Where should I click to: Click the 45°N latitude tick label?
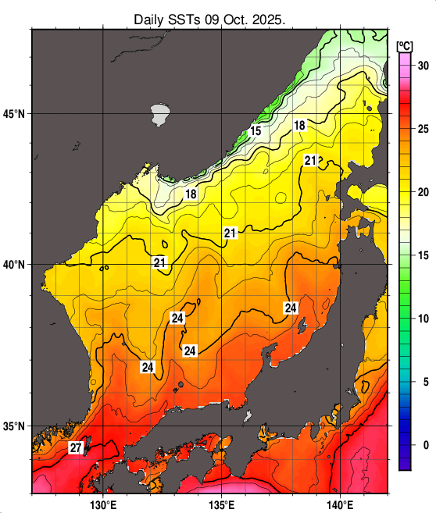[x=13, y=114]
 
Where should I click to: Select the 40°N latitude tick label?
[x=13, y=265]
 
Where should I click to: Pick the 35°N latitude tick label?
[x=13, y=426]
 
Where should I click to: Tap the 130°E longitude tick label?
[x=102, y=504]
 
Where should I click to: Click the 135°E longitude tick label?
[x=222, y=504]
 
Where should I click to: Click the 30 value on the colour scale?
[x=423, y=66]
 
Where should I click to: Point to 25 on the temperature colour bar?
[x=423, y=129]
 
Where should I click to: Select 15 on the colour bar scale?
[x=423, y=255]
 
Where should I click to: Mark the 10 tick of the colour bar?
[x=423, y=319]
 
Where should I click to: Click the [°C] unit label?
[x=405, y=45]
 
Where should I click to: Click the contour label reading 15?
[x=256, y=131]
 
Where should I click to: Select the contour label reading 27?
[x=76, y=448]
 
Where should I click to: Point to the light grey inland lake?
[x=160, y=114]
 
